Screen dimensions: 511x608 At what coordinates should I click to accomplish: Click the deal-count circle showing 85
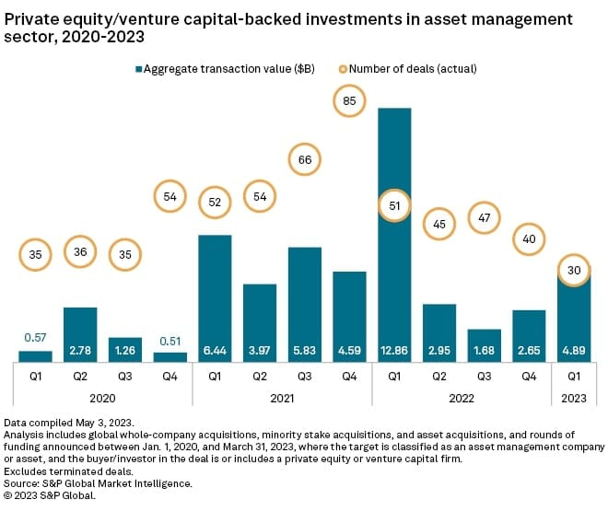tap(349, 100)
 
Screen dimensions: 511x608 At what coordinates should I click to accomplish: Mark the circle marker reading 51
tap(393, 205)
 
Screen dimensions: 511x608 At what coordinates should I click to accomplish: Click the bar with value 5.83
tap(305, 304)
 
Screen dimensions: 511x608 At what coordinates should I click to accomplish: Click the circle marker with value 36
tap(80, 252)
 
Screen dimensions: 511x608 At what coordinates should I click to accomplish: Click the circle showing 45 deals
tap(438, 223)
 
